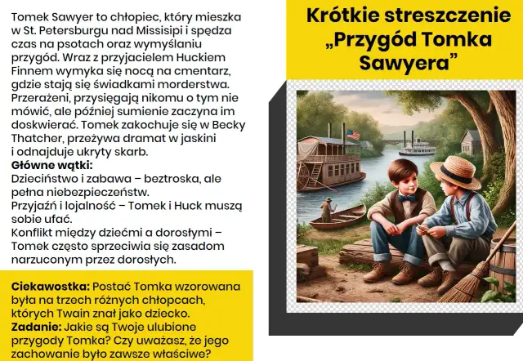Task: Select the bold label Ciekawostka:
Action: [x=50, y=287]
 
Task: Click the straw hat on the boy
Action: [x=455, y=171]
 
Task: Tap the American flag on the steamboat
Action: [x=353, y=134]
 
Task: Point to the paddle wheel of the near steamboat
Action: [x=309, y=174]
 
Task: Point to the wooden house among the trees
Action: [x=472, y=140]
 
